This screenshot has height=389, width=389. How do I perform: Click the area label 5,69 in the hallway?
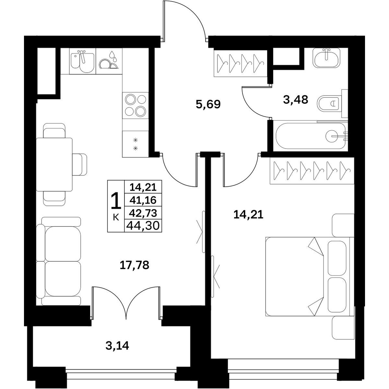[x=208, y=105]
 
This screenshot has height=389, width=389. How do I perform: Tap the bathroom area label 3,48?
[x=296, y=100]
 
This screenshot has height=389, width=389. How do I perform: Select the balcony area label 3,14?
[x=117, y=346]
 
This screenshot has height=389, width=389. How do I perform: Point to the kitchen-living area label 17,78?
[x=135, y=265]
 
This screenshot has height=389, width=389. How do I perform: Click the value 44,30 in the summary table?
[x=143, y=226]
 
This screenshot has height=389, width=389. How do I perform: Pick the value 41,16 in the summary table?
[x=143, y=200]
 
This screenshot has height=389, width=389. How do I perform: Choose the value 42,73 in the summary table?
[x=143, y=213]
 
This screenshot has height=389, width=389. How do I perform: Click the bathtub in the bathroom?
[x=311, y=136]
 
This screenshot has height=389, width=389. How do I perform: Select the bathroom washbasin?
[x=326, y=58]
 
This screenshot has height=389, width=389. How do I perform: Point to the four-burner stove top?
[x=136, y=105]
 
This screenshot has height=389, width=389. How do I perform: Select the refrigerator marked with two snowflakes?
[x=136, y=144]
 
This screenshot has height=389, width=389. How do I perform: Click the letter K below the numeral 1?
[x=116, y=218]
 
